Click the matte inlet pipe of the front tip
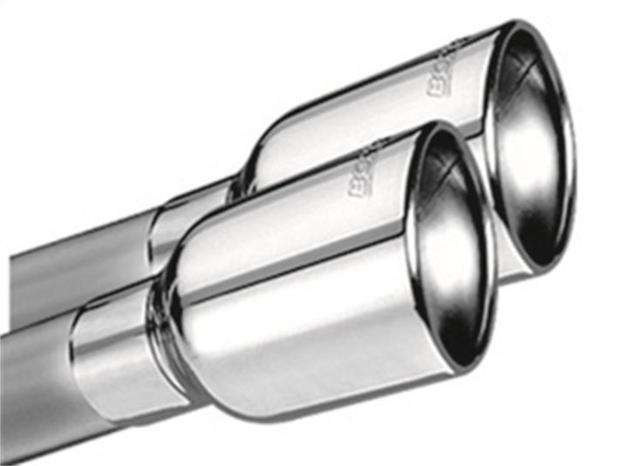(x=35, y=383)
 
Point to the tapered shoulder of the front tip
(x=174, y=287)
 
